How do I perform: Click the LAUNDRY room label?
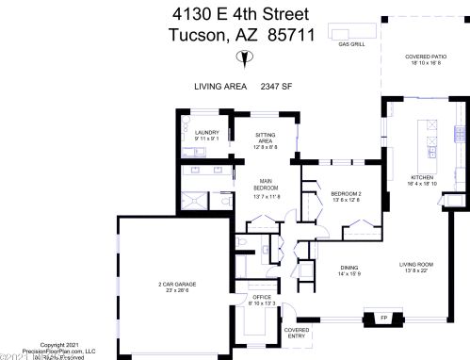[x=207, y=133]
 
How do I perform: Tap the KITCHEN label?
[x=421, y=178]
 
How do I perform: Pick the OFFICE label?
[x=261, y=298]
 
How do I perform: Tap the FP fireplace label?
[x=383, y=319]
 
